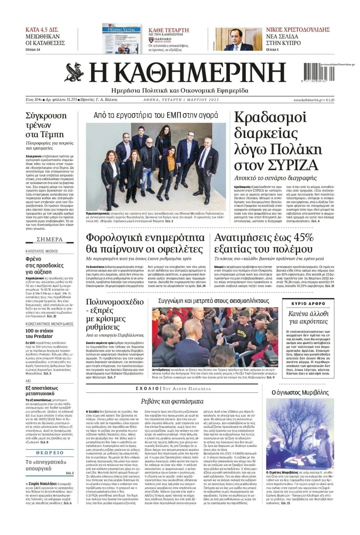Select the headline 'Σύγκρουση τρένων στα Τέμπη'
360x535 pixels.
point(46,125)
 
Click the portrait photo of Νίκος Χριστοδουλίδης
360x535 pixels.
point(238,39)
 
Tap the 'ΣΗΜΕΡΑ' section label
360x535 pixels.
point(50,239)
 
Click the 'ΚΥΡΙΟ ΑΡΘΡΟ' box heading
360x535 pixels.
point(308,304)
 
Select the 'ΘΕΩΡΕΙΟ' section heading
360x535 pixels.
point(50,452)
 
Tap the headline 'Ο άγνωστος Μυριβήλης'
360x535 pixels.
point(300,393)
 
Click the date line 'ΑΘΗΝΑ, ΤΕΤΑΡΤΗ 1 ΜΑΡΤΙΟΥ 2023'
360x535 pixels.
point(181,100)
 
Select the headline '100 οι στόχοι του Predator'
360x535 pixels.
point(39,333)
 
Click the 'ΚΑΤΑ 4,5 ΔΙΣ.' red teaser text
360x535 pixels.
point(42,30)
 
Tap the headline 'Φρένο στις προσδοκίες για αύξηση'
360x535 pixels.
point(45,265)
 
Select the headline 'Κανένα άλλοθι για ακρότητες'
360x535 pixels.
point(308,317)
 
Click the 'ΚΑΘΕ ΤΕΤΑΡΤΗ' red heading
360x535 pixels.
point(169,30)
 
